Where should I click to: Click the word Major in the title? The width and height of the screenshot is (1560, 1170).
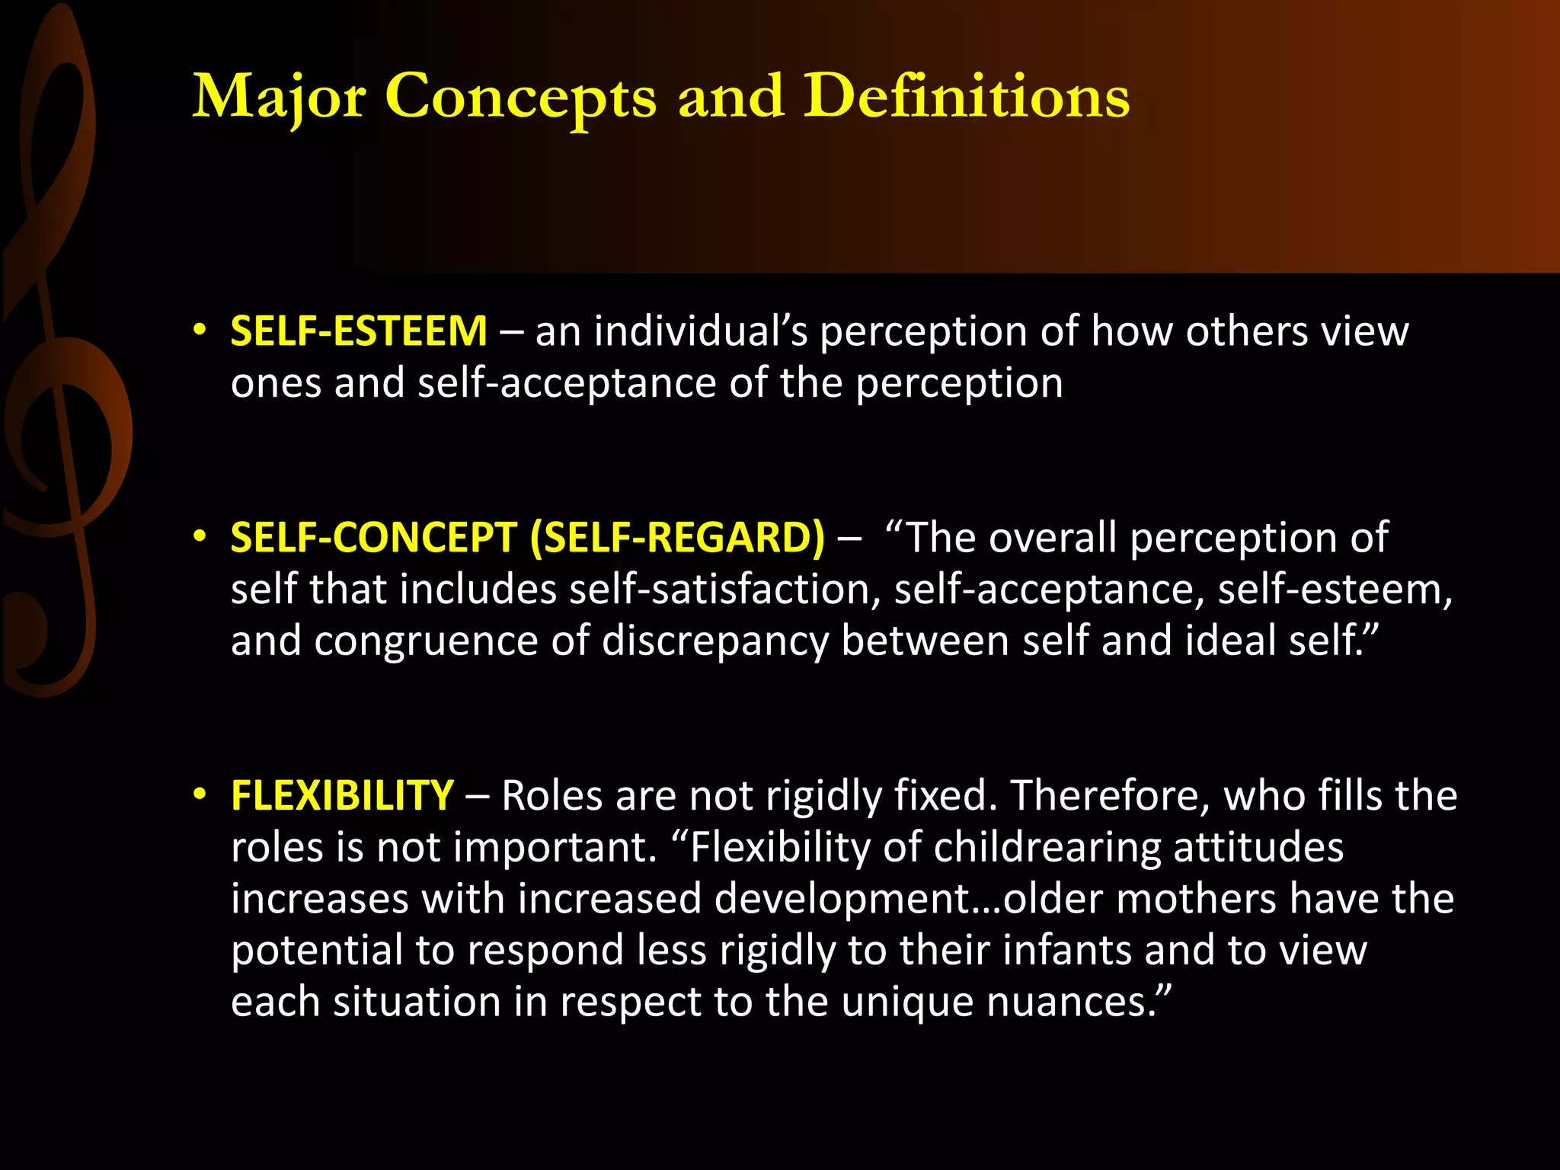278,97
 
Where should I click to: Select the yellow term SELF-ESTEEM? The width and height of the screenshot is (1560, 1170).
358,331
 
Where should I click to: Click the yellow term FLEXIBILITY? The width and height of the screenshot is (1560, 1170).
342,795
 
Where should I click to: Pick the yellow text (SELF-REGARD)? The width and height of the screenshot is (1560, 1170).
677,538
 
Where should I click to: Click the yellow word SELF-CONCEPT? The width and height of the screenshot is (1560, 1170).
373,538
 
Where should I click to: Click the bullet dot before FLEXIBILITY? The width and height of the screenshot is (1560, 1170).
200,794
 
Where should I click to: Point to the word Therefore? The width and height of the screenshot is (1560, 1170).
1110,795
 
